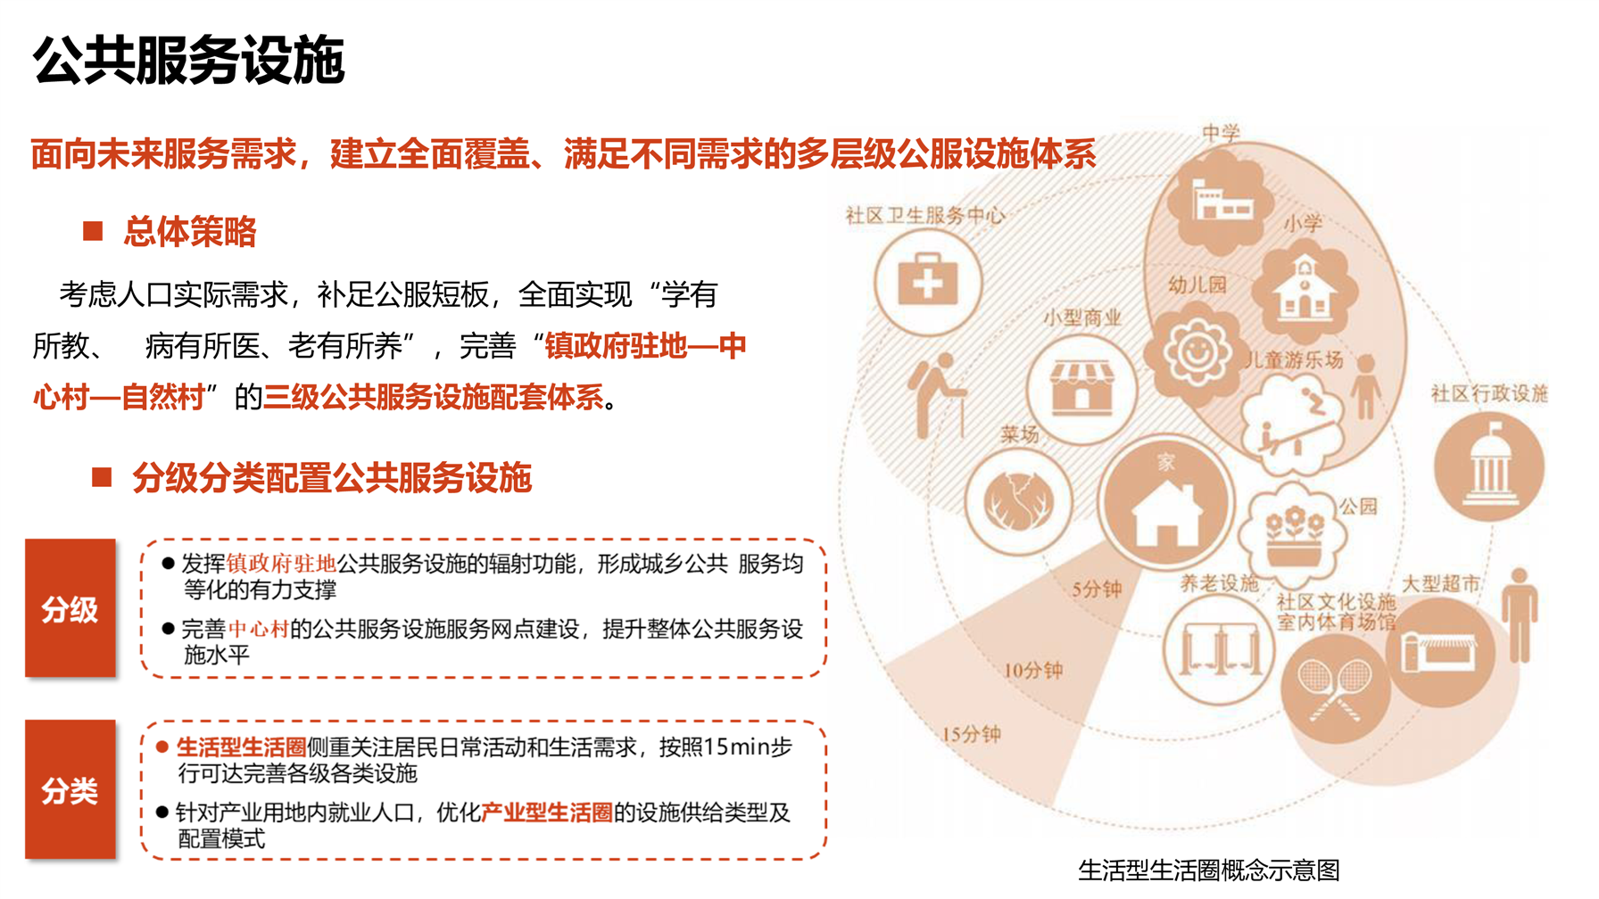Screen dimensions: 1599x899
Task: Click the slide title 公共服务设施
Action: click(x=188, y=61)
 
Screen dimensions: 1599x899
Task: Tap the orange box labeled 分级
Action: click(x=70, y=608)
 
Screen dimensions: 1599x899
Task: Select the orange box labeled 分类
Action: click(x=70, y=789)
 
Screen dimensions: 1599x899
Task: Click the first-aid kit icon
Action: click(x=928, y=282)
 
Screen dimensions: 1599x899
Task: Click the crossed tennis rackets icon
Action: click(x=1335, y=689)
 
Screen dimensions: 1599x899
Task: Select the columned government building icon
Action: click(x=1488, y=466)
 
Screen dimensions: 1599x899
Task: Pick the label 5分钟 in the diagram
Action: click(x=1097, y=590)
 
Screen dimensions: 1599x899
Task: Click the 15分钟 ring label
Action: click(x=971, y=734)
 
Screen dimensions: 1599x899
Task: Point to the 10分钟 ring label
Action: click(x=1033, y=670)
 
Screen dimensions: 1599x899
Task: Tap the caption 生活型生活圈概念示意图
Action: click(x=1209, y=870)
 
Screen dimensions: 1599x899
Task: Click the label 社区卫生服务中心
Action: click(x=925, y=215)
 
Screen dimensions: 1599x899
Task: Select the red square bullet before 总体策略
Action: click(x=93, y=231)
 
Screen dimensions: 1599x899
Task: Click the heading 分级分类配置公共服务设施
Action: click(x=332, y=478)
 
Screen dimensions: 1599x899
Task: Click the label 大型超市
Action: click(x=1441, y=584)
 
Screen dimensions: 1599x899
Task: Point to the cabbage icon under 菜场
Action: click(x=1018, y=501)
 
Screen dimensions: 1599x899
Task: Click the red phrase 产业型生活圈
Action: click(x=547, y=812)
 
